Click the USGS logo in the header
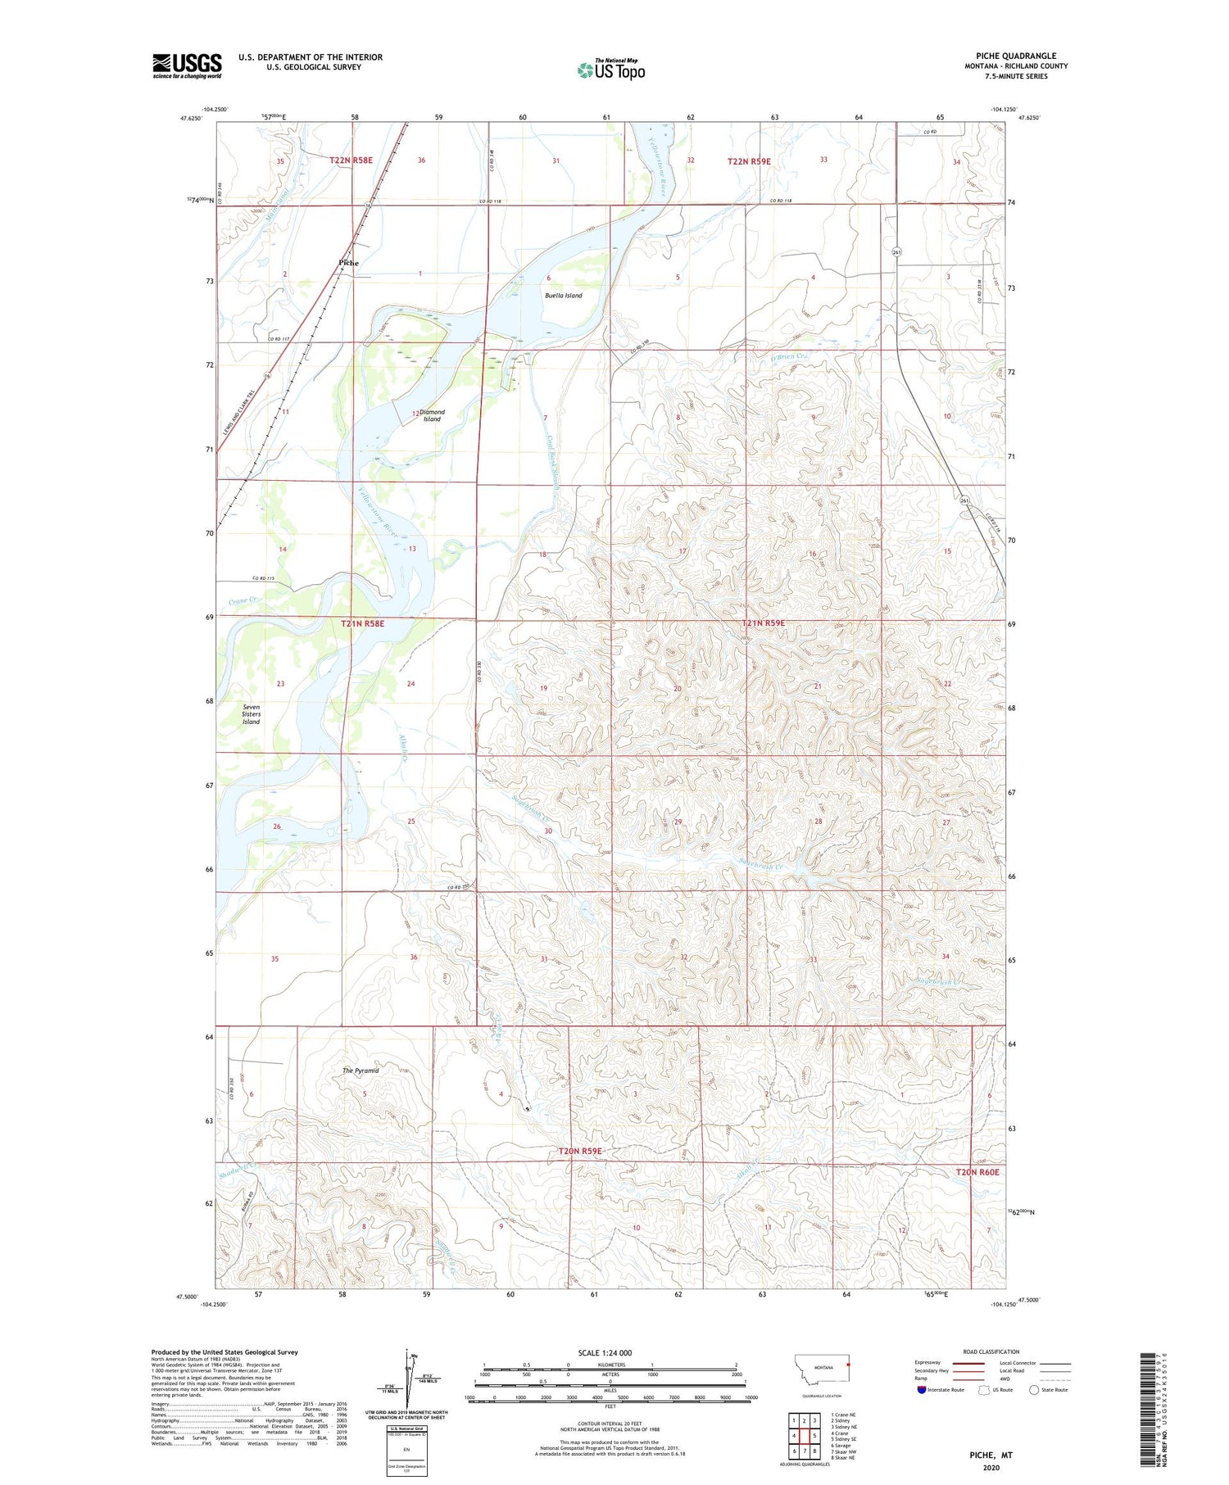pyautogui.click(x=187, y=66)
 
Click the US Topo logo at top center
pyautogui.click(x=611, y=70)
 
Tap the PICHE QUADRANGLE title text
pyautogui.click(x=1016, y=56)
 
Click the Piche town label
pyautogui.click(x=348, y=263)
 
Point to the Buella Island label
pyautogui.click(x=564, y=295)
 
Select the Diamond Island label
pyautogui.click(x=432, y=415)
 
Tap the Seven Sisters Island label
pyautogui.click(x=251, y=713)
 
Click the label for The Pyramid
pyautogui.click(x=361, y=1071)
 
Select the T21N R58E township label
pyautogui.click(x=362, y=623)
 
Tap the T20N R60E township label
pyautogui.click(x=977, y=1172)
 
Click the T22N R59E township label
pyautogui.click(x=749, y=161)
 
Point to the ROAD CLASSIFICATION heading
pyautogui.click(x=991, y=1351)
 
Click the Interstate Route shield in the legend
pyautogui.click(x=923, y=1390)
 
